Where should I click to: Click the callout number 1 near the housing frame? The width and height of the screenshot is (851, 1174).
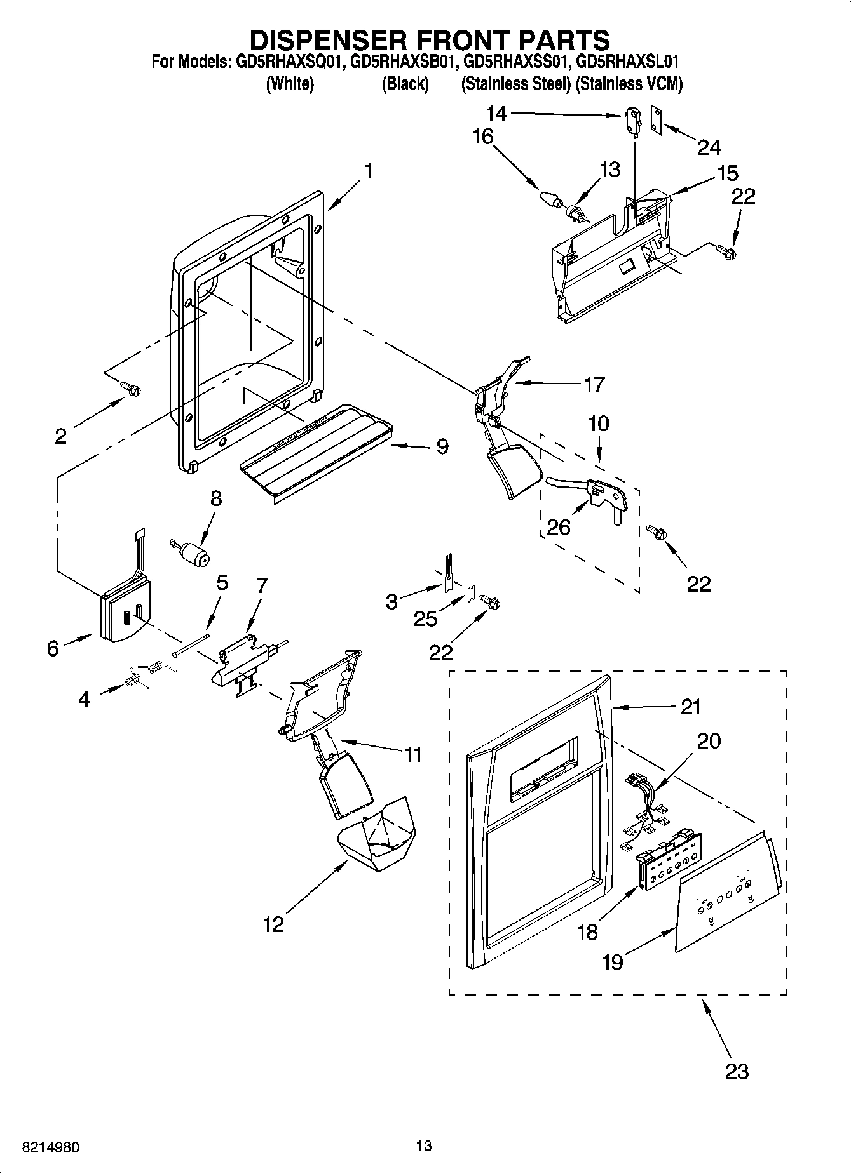tap(368, 171)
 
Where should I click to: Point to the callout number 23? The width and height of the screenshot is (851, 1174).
tap(737, 1071)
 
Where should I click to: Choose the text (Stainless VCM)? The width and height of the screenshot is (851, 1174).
tap(629, 83)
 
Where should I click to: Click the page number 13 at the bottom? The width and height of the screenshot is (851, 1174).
tap(424, 1145)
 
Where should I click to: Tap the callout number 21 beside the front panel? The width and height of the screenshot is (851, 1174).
tap(690, 706)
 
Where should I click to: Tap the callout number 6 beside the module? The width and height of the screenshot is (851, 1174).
tap(53, 648)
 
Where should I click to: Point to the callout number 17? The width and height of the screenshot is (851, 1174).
tap(594, 384)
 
